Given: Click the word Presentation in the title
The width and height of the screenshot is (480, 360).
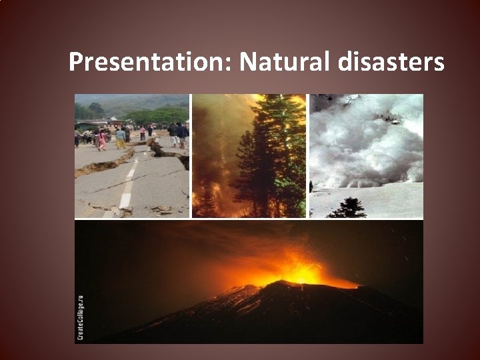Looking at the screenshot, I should (x=150, y=63).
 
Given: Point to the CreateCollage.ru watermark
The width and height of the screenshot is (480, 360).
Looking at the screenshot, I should (x=81, y=317).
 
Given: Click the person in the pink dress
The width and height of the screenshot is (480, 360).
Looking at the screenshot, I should (x=102, y=139).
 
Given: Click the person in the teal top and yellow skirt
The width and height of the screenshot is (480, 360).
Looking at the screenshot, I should (x=120, y=138).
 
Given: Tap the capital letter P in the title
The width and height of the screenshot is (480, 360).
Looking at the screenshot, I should (x=75, y=63).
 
